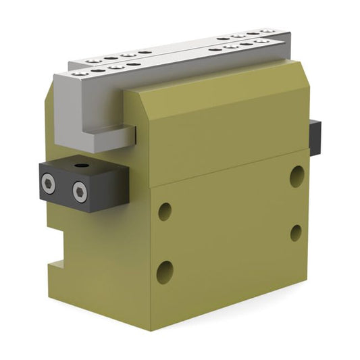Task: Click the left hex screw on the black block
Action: click(48, 182)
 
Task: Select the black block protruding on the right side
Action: click(315, 137)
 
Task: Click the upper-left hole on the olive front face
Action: click(165, 211)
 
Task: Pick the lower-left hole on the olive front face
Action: click(164, 272)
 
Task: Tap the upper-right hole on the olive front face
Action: click(297, 176)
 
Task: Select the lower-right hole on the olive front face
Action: click(296, 233)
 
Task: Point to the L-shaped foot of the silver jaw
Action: click(108, 140)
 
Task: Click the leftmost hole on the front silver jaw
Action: click(80, 72)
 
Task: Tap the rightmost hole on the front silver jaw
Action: click(263, 41)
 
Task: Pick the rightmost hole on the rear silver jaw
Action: click(268, 30)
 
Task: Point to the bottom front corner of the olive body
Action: click(151, 329)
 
